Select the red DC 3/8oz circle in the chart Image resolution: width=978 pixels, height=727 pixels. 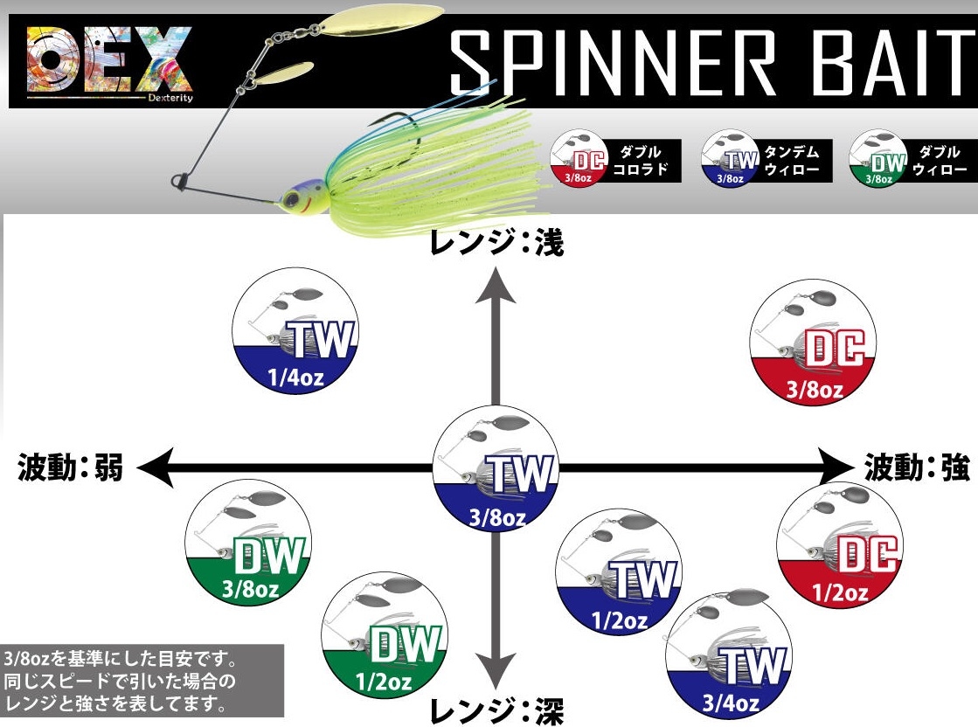(814, 343)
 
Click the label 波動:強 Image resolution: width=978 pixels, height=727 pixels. (918, 467)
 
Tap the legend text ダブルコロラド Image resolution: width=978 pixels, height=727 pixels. (648, 161)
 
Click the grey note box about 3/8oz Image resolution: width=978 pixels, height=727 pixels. (142, 679)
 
